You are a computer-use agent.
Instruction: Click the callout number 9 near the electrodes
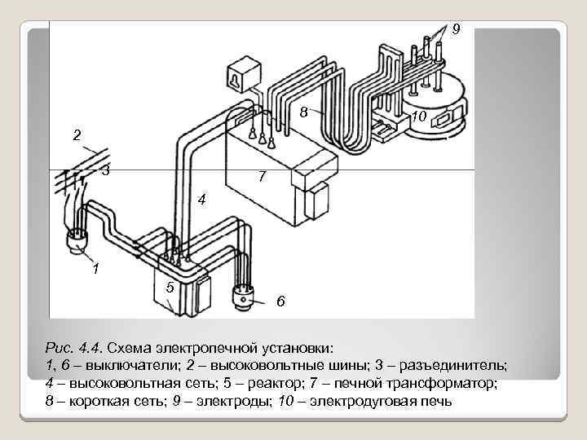(x=456, y=29)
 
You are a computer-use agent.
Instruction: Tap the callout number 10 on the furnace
(x=419, y=119)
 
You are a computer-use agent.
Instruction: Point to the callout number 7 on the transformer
(x=261, y=176)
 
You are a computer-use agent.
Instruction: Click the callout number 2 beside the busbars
(x=76, y=135)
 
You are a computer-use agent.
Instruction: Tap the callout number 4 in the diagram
(x=201, y=200)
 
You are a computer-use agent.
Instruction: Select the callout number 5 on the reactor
(x=169, y=287)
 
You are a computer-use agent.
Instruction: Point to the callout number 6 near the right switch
(x=280, y=302)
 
